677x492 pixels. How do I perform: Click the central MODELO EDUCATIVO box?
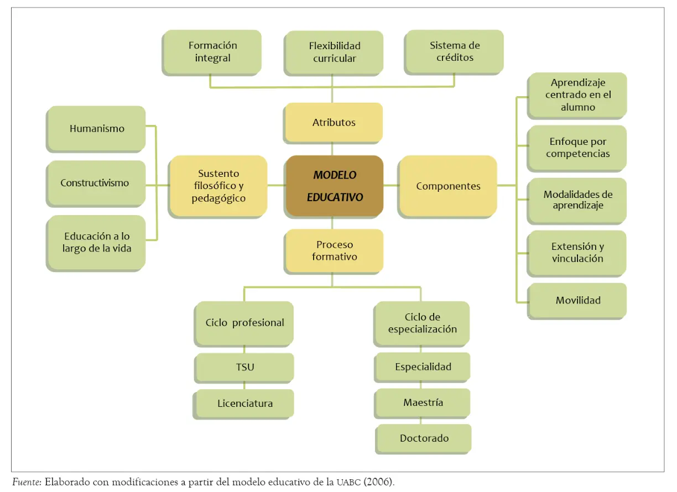pyautogui.click(x=334, y=186)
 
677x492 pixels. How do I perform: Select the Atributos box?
pyautogui.click(x=334, y=123)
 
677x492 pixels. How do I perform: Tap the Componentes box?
pyautogui.click(x=447, y=186)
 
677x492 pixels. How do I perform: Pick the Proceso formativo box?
pyautogui.click(x=334, y=251)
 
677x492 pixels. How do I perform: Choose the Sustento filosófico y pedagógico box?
pyautogui.click(x=218, y=186)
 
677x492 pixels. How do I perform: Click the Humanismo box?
pyautogui.click(x=96, y=129)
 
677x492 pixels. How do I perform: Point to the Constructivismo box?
pyautogui.click(x=96, y=184)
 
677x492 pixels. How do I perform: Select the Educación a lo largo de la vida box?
pyautogui.click(x=96, y=243)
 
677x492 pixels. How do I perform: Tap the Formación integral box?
pyautogui.click(x=212, y=53)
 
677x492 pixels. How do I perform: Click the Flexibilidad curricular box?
pyautogui.click(x=334, y=53)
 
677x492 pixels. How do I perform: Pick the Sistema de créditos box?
pyautogui.click(x=454, y=51)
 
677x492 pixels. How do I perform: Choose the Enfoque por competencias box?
pyautogui.click(x=577, y=148)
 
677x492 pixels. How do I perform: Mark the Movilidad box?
pyautogui.click(x=577, y=301)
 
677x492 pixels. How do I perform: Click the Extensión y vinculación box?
pyautogui.click(x=577, y=253)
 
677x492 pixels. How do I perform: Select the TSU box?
pyautogui.click(x=244, y=368)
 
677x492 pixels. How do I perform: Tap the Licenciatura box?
pyautogui.click(x=243, y=404)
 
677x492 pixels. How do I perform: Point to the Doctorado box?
pyautogui.click(x=424, y=438)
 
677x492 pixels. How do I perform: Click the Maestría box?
pyautogui.click(x=422, y=403)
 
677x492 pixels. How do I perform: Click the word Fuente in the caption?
pyautogui.click(x=27, y=482)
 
